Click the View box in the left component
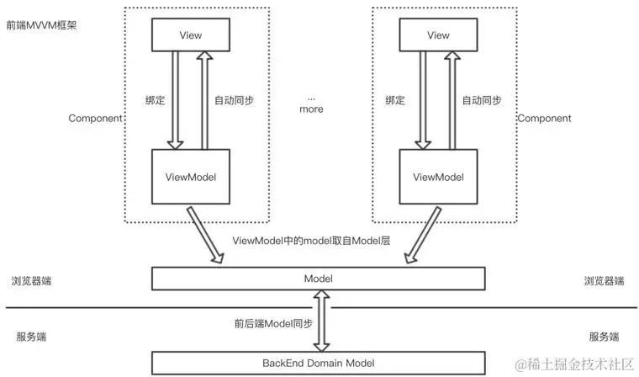click(191, 35)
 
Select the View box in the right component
click(439, 35)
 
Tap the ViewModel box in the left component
click(191, 177)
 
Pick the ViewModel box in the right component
click(439, 177)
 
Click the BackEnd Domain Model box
click(319, 364)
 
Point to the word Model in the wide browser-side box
click(319, 279)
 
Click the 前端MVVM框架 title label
click(41, 25)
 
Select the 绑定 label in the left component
click(156, 100)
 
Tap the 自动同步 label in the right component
click(482, 100)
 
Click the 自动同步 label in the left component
click(235, 100)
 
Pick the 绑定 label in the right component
click(395, 100)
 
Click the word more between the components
click(311, 109)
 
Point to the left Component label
click(95, 119)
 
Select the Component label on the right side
click(545, 119)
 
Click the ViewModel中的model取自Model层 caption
click(311, 241)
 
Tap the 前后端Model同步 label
click(273, 323)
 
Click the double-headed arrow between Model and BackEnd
click(321, 321)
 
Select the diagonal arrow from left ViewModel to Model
click(205, 235)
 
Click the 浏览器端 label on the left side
click(31, 281)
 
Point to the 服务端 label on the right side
click(604, 337)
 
